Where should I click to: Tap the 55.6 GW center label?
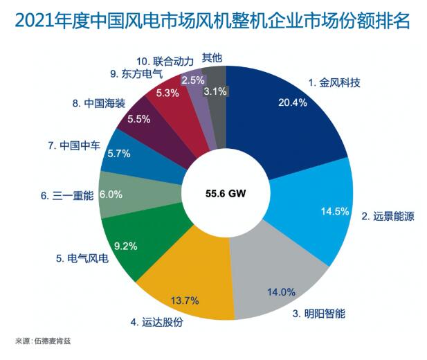pos(226,195)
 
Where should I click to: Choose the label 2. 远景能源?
pos(388,217)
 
